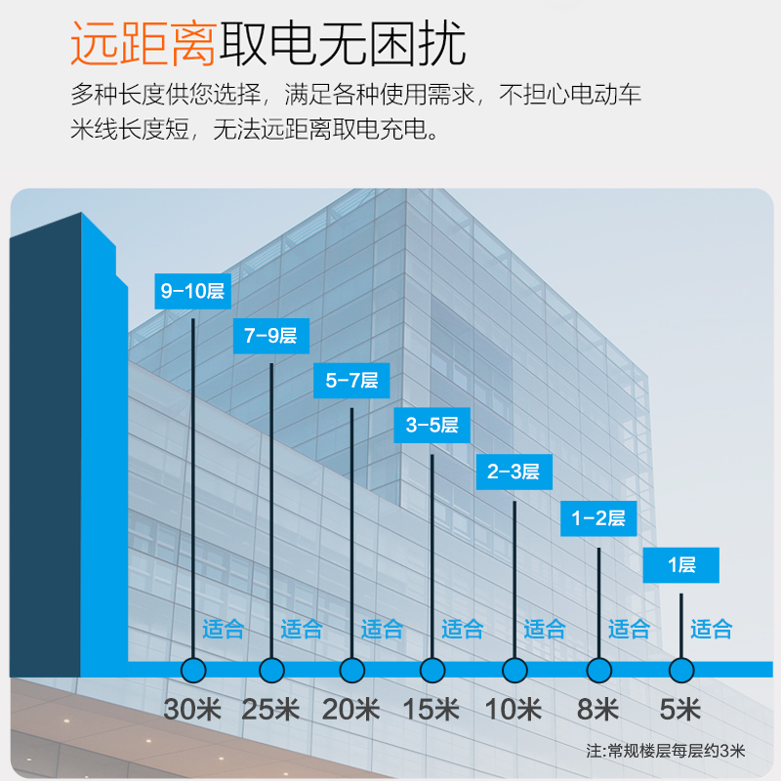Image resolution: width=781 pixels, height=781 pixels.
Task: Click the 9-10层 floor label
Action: tap(192, 291)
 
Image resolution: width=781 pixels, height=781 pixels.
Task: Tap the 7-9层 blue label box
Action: tap(270, 336)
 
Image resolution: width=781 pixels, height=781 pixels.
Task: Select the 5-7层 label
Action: tap(351, 381)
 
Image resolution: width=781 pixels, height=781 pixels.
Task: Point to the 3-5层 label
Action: tap(432, 426)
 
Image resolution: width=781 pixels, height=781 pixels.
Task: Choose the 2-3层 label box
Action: tap(514, 473)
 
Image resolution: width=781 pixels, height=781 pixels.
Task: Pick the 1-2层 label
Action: tap(597, 518)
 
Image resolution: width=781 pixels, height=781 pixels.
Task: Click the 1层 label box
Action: tap(681, 565)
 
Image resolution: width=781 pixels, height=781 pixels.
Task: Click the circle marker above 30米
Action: tap(192, 671)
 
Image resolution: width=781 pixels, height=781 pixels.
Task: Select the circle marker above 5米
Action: tap(681, 671)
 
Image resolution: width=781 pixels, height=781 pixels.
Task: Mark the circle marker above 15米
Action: tap(432, 671)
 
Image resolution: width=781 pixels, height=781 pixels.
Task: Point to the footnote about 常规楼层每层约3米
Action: tap(665, 752)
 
